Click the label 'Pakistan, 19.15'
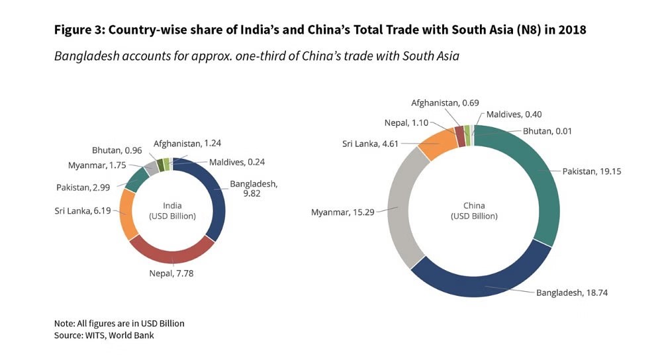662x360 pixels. (592, 171)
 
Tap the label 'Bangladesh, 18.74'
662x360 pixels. (568, 292)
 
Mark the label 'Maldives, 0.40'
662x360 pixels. (514, 114)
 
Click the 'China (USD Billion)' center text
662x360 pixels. (474, 210)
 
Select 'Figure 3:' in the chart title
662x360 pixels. (79, 30)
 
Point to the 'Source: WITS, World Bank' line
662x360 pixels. (105, 336)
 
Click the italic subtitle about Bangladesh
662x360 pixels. (256, 56)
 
